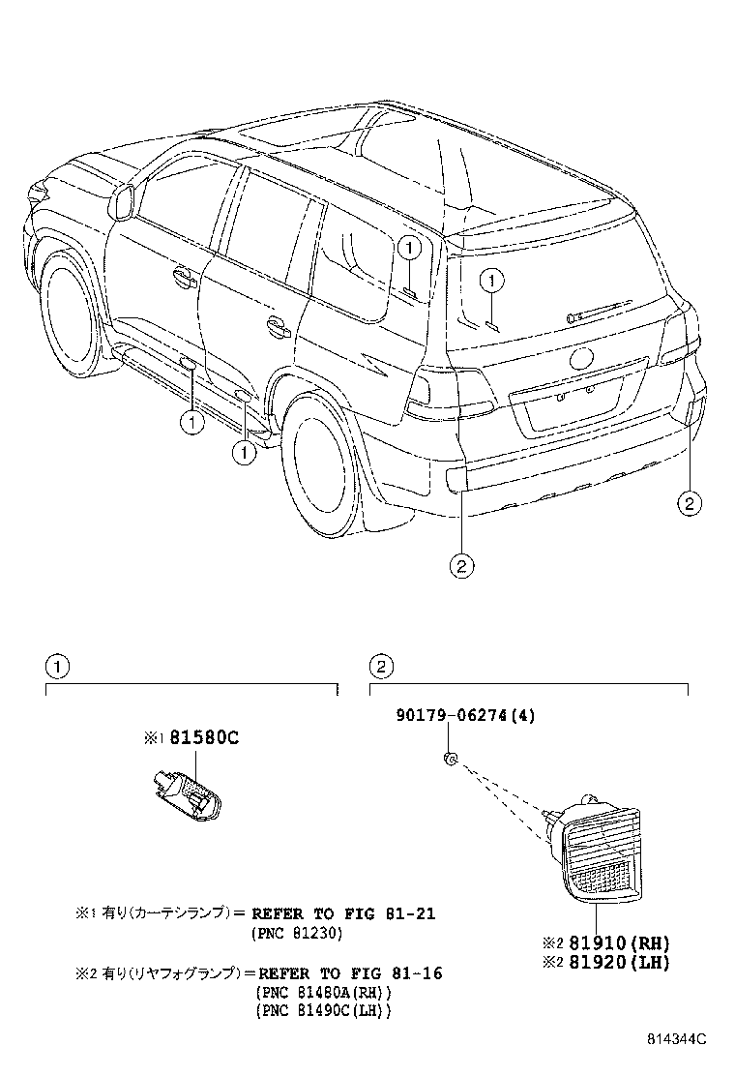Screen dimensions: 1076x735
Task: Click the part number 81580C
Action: [204, 738]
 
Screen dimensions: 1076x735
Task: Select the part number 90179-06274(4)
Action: [465, 716]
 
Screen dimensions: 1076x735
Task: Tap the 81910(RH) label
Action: [614, 942]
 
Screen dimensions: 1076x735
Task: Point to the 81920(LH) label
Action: [614, 962]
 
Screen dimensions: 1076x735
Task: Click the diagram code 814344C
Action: [677, 1039]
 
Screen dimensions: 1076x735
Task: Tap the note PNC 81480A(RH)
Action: [324, 993]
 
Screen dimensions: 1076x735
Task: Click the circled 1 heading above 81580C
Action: [58, 666]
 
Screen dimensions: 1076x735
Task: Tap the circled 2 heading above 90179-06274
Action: [381, 666]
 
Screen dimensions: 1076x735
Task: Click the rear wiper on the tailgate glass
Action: [599, 311]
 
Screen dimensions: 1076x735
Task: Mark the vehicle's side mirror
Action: [123, 201]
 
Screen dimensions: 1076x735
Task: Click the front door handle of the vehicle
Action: [181, 277]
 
